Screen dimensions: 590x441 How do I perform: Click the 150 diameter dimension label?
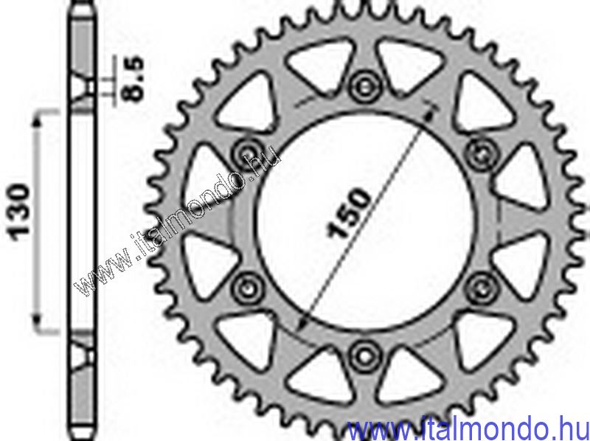coord(349,213)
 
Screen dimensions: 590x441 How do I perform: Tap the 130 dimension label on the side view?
coord(21,212)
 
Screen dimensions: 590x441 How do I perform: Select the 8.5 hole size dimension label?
coord(134,79)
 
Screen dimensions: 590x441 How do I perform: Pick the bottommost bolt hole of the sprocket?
coord(364,356)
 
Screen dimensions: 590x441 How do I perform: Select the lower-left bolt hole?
coord(248,289)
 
